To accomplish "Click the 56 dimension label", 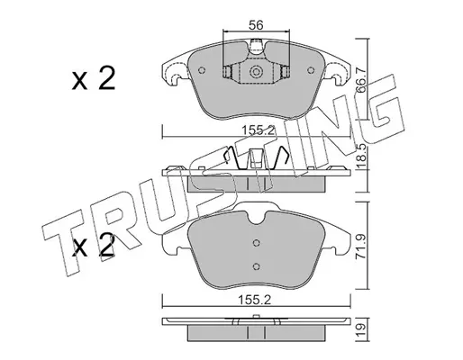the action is (256, 25).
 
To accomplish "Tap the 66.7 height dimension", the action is (360, 80).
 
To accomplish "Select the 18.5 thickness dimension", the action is (361, 156).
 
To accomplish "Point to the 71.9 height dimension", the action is (361, 247).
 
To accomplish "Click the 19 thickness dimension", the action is (362, 329).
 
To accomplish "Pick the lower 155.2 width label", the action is (255, 300).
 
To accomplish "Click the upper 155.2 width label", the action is (259, 130).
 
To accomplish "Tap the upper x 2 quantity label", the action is (94, 78).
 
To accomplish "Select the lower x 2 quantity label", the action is (94, 246).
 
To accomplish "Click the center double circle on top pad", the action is (256, 72).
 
